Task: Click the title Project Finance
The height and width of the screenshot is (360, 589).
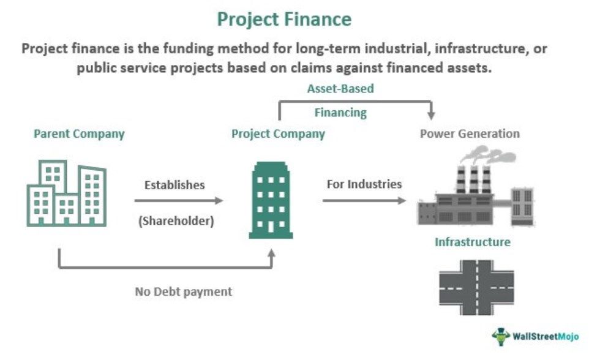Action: (284, 19)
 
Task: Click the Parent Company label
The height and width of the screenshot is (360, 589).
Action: (79, 133)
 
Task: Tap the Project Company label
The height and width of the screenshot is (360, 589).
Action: (278, 133)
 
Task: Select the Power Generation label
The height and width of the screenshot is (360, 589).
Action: (470, 133)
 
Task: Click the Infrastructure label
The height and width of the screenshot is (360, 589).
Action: (472, 242)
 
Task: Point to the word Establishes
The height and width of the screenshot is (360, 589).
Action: (174, 184)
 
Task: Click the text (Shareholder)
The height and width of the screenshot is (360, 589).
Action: (176, 221)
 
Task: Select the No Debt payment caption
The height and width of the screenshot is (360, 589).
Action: (184, 291)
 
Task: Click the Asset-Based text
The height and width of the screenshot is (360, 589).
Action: (340, 88)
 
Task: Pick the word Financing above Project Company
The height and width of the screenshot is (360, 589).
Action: (340, 113)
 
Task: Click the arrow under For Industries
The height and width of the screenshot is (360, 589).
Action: (364, 200)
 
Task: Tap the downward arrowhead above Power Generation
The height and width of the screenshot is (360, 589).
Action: (431, 115)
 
